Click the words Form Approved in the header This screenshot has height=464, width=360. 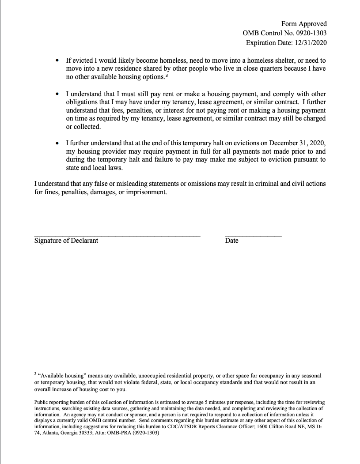pyautogui.click(x=304, y=24)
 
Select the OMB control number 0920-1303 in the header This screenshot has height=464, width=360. pyautogui.click(x=310, y=33)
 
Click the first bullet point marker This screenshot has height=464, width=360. pyautogui.click(x=57, y=60)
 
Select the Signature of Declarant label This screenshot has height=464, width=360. pyautogui.click(x=66, y=241)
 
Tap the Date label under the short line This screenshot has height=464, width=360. pyautogui.click(x=231, y=241)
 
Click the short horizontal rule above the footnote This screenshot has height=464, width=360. pyautogui.click(x=76, y=367)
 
